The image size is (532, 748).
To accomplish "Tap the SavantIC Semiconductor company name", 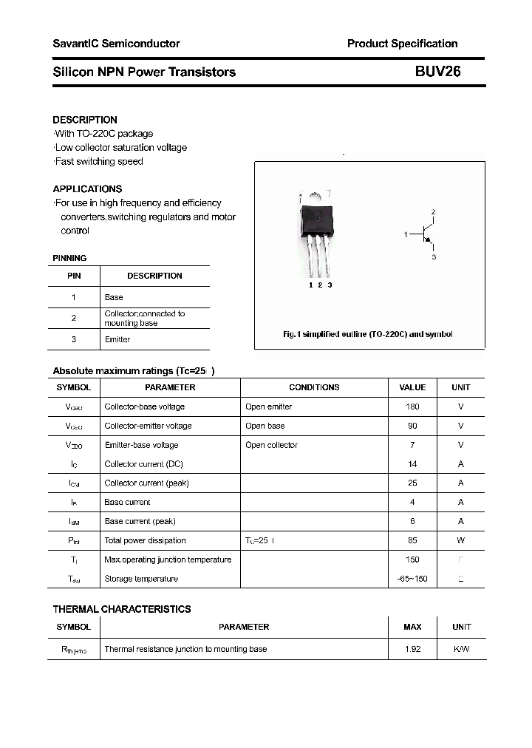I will point(116,44).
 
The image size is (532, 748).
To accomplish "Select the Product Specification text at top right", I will point(402,44).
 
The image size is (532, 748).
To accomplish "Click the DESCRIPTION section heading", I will point(85,120).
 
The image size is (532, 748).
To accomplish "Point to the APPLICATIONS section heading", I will point(87,188).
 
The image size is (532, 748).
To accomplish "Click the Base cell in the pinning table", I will point(114,297).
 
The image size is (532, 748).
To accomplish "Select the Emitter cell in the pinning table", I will point(117,339).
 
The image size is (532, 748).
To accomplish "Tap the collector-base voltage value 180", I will point(412,407).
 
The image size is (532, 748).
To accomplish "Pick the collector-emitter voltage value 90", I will point(412,426).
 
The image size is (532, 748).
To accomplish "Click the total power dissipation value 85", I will point(412,540).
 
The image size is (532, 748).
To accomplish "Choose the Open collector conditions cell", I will point(271,445).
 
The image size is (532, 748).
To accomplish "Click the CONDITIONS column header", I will point(314,387).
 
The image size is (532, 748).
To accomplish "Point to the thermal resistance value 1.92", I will point(412,649).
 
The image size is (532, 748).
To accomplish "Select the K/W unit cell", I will point(461,649).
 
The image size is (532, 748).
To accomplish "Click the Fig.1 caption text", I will point(368,334).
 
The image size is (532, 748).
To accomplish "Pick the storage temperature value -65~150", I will point(412,579).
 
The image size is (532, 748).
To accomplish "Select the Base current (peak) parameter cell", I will point(140,521).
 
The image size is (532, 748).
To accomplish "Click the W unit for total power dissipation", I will point(461,540).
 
